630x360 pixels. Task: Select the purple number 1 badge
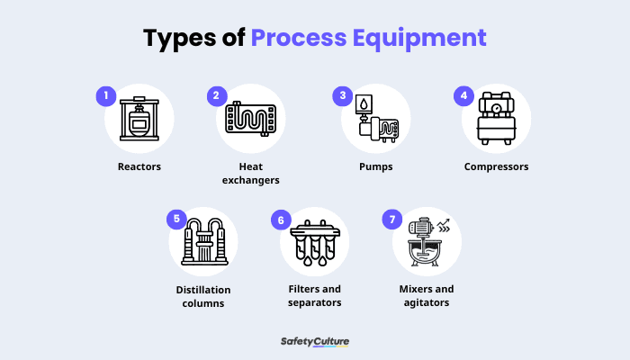point(106,95)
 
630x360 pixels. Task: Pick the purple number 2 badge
point(216,95)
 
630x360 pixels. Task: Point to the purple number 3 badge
point(341,95)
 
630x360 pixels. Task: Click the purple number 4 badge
point(463,95)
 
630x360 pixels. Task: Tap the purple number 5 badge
point(177,219)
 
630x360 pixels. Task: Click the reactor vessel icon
point(139,120)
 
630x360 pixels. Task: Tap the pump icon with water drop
point(375,120)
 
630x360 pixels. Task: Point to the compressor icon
point(496,120)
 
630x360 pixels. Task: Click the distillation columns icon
point(203,241)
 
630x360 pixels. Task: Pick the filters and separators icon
point(314,241)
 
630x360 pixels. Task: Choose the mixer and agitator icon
point(427,241)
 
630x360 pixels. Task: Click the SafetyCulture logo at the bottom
point(314,342)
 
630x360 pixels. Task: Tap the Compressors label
point(496,166)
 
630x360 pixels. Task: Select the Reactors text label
point(139,166)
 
